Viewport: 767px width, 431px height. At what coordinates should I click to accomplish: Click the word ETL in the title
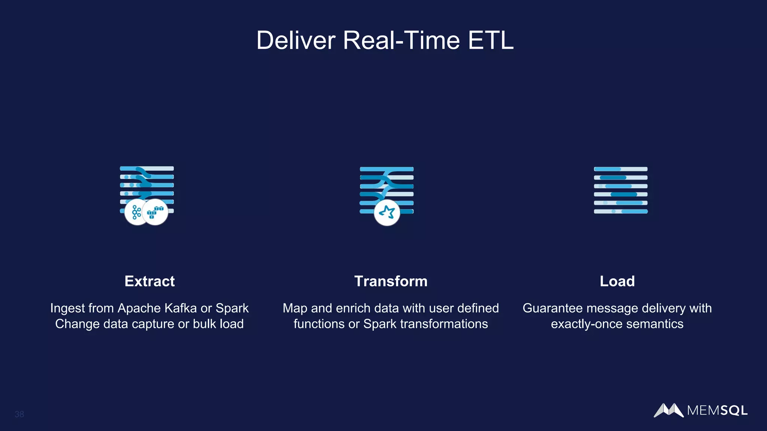pos(491,40)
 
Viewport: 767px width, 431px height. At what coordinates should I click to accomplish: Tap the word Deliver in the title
pos(296,40)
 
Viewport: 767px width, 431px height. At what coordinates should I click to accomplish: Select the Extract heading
pos(149,281)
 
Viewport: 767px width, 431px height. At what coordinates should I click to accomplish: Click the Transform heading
pos(391,281)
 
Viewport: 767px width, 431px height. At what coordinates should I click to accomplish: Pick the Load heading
pos(617,281)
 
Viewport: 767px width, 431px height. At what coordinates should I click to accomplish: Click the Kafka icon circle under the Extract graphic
pos(137,213)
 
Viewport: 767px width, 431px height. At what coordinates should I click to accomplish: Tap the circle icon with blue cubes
pos(155,212)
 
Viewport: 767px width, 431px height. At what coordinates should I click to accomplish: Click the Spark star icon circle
pos(387,213)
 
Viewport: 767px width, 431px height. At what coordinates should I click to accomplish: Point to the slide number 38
pos(19,414)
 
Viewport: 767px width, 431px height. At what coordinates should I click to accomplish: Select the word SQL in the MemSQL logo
pos(734,410)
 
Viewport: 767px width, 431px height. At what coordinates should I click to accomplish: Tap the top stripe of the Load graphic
pos(621,169)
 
